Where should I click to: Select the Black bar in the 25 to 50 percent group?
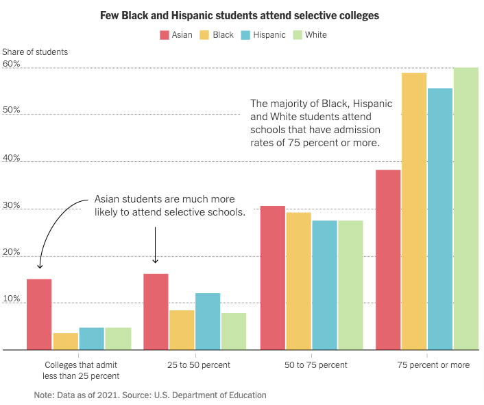pyautogui.click(x=182, y=330)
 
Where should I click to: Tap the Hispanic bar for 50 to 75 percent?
pyautogui.click(x=325, y=285)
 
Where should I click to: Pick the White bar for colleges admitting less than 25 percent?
pyautogui.click(x=118, y=338)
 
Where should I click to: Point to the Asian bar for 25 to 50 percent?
pyautogui.click(x=156, y=312)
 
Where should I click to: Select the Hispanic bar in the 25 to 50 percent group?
pyautogui.click(x=208, y=321)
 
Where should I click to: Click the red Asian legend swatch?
pyautogui.click(x=165, y=35)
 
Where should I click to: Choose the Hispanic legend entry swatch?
pyautogui.click(x=247, y=35)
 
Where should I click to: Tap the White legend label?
pyautogui.click(x=316, y=35)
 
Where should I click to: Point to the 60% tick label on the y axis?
pyautogui.click(x=12, y=64)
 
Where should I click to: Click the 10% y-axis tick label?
pyautogui.click(x=12, y=299)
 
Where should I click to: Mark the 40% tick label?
pyautogui.click(x=12, y=158)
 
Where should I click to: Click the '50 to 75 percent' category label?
pyautogui.click(x=316, y=364)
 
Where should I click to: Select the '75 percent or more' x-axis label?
pyautogui.click(x=433, y=364)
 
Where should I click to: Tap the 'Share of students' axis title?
pyautogui.click(x=35, y=51)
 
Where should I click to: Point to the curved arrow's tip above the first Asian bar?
pyautogui.click(x=40, y=268)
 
